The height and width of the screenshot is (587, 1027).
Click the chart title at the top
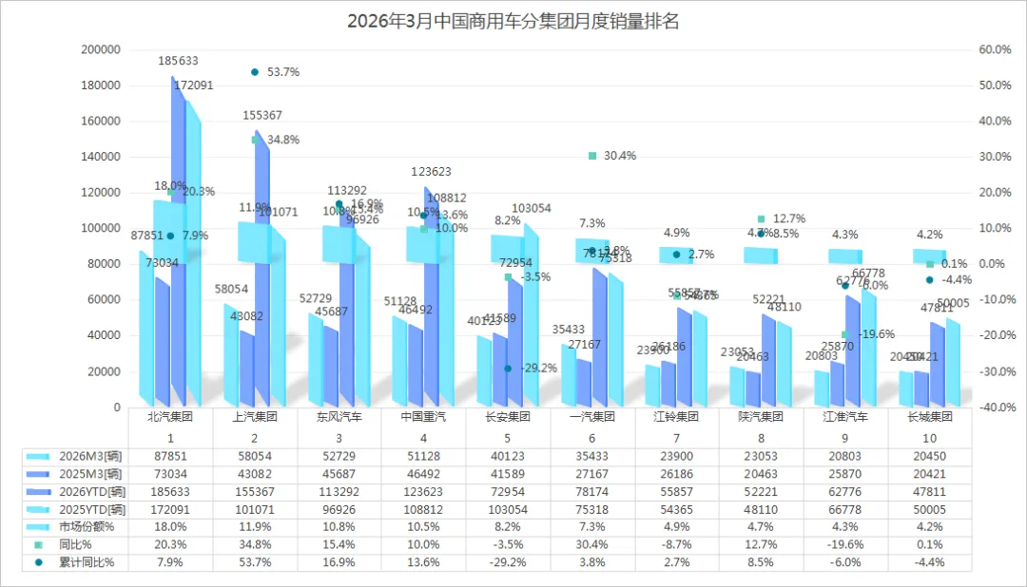coord(513,21)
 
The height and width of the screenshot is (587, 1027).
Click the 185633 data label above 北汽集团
coord(178,61)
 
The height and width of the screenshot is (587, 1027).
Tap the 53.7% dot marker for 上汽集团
coord(255,72)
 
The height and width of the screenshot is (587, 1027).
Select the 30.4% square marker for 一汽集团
coord(592,156)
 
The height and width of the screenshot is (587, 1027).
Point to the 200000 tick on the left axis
coord(102,49)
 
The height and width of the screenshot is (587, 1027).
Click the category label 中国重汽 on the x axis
coord(424,417)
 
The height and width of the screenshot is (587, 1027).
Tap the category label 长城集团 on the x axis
coord(930,417)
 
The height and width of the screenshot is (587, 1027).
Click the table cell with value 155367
coord(255,492)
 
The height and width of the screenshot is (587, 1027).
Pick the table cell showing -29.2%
coord(508,562)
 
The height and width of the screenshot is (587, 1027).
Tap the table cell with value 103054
coord(508,509)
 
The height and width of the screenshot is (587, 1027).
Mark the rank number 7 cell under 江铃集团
coord(677,438)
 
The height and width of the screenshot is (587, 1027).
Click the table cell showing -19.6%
coord(845,544)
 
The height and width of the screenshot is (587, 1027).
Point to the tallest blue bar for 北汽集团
coord(178,247)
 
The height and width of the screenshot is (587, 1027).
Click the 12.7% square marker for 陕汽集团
coord(761,219)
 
